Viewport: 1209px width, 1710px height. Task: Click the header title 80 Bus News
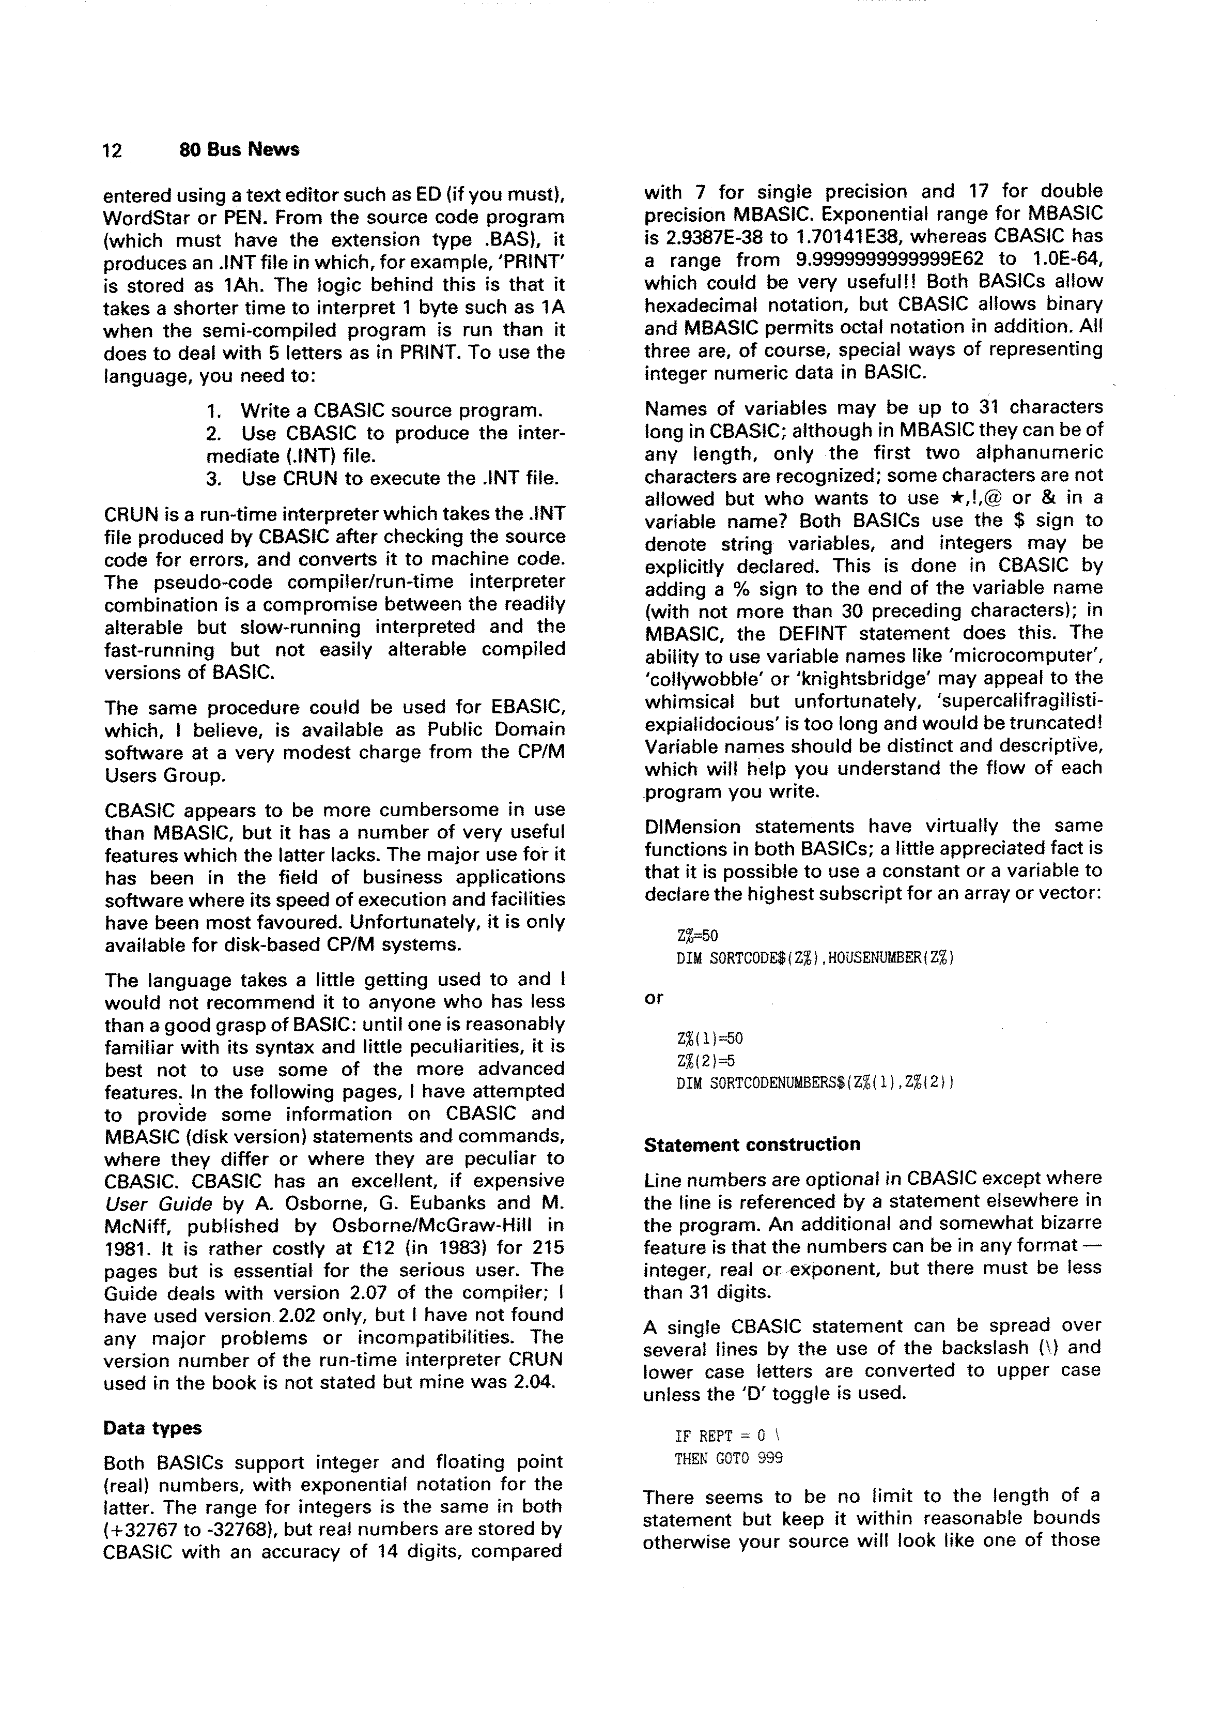point(239,150)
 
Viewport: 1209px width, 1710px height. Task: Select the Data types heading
point(152,1428)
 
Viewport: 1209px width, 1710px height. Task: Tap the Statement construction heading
point(751,1144)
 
